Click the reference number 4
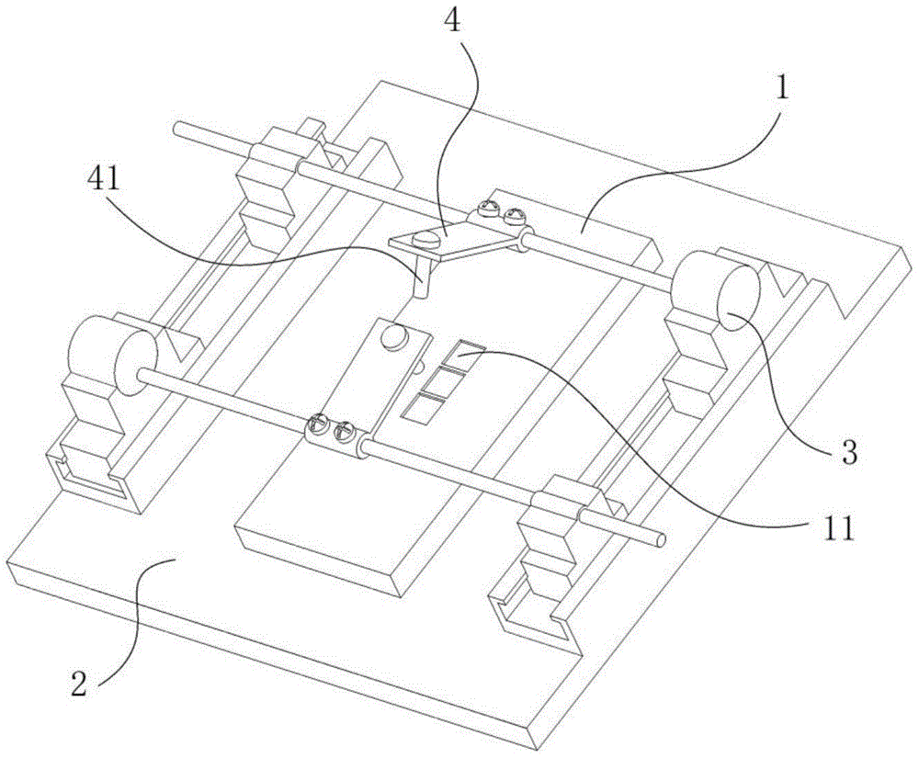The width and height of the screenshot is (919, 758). pos(452,23)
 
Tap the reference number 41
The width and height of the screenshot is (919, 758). pos(103,181)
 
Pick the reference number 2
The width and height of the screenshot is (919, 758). pos(80,683)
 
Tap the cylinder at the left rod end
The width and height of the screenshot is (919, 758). pos(112,355)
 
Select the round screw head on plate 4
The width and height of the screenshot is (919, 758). pos(426,239)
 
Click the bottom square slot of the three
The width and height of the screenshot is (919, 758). pos(424,408)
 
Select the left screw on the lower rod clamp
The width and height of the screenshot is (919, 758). pos(320,424)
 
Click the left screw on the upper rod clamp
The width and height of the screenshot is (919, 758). pos(489,207)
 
